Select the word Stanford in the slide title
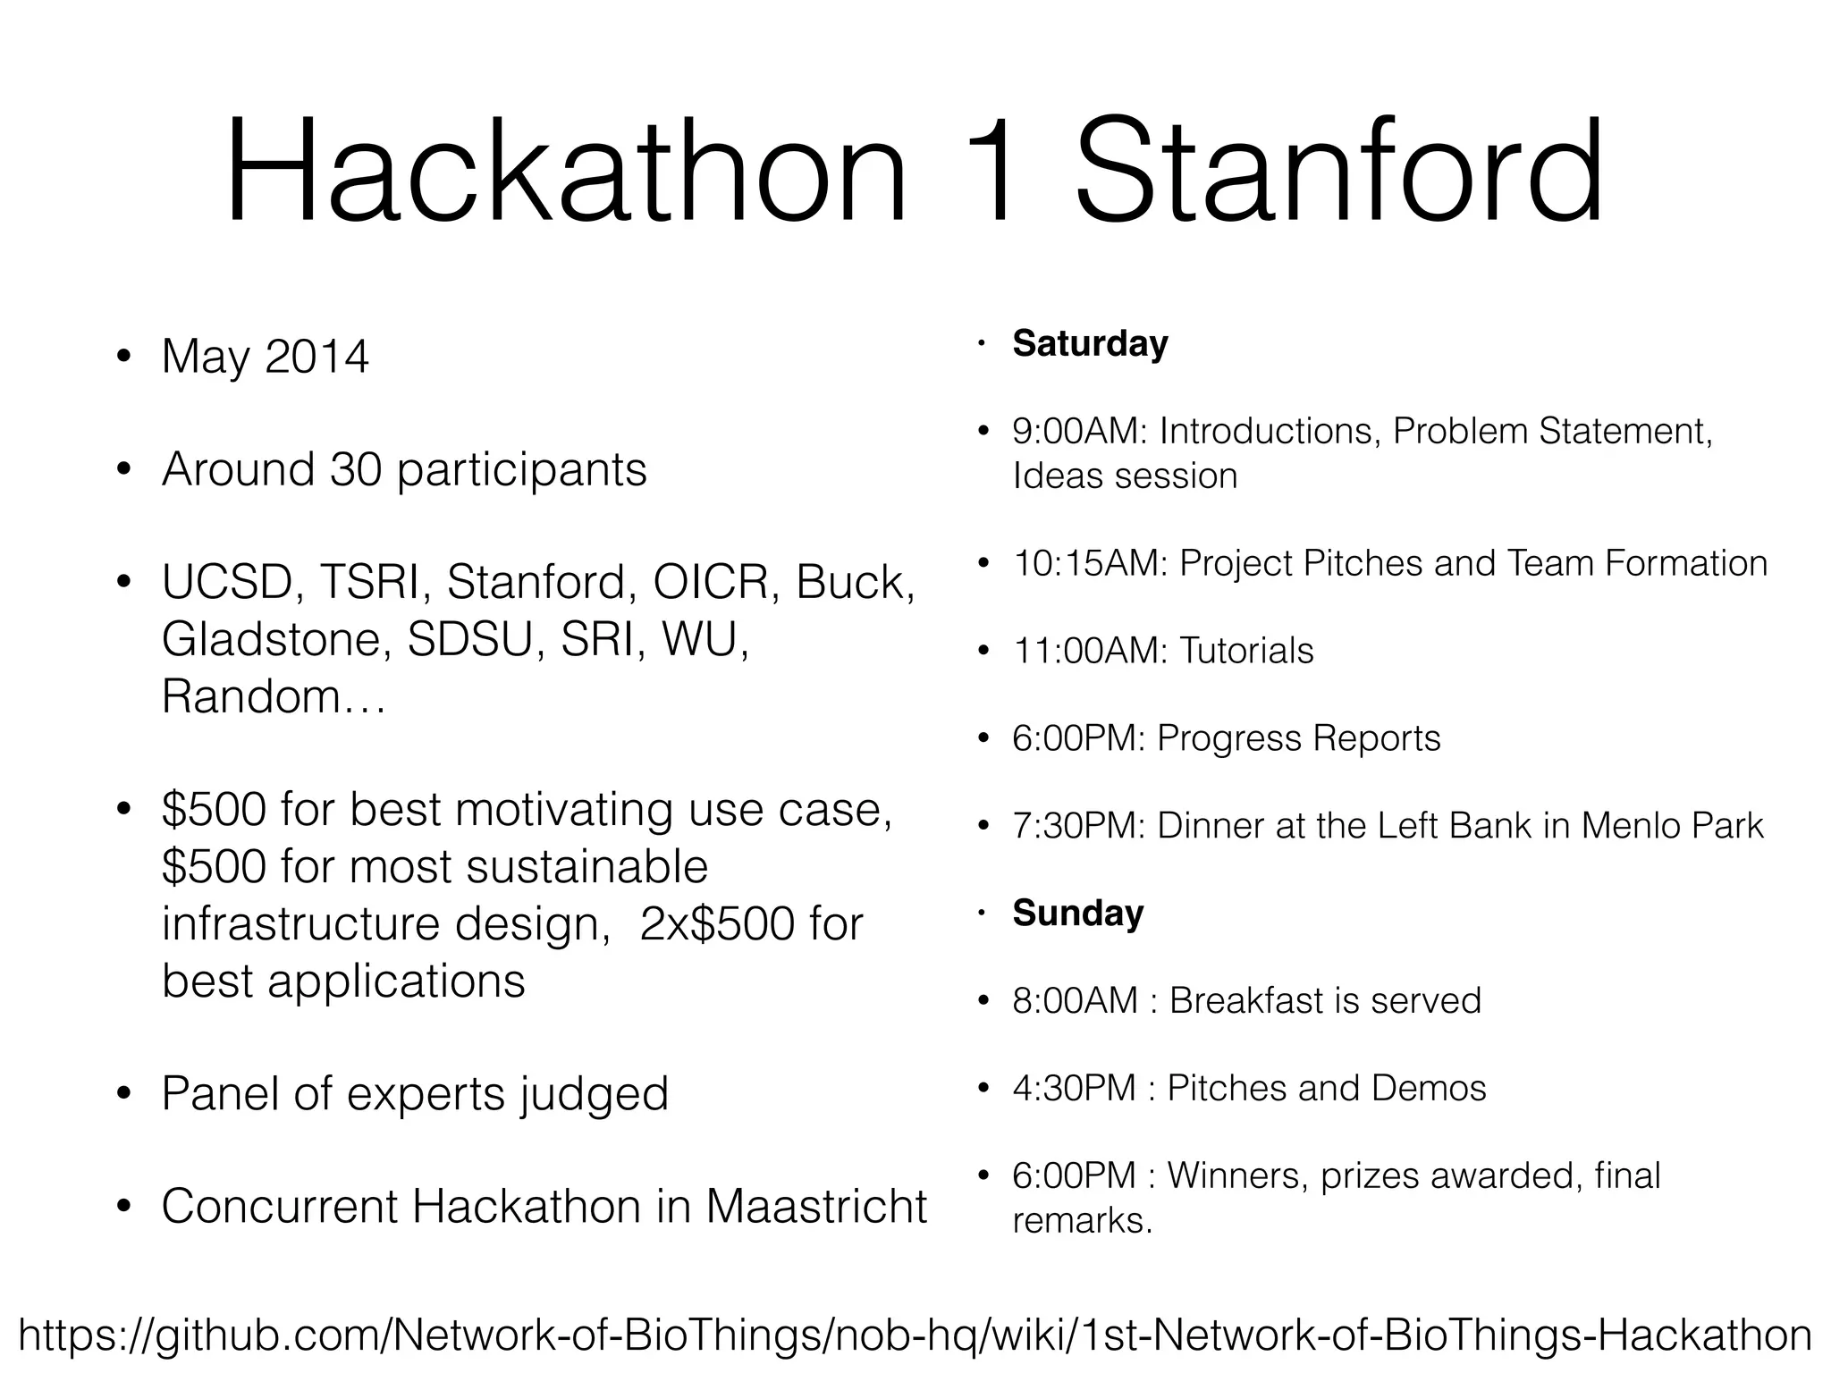coord(1338,172)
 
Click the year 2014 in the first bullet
coord(316,357)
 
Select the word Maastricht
coord(816,1206)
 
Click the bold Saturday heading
coord(1090,344)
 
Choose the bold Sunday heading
coord(1077,914)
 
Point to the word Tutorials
coord(1246,651)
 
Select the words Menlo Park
coord(1672,826)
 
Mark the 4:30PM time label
coord(1074,1089)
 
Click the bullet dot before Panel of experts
coord(124,1095)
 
